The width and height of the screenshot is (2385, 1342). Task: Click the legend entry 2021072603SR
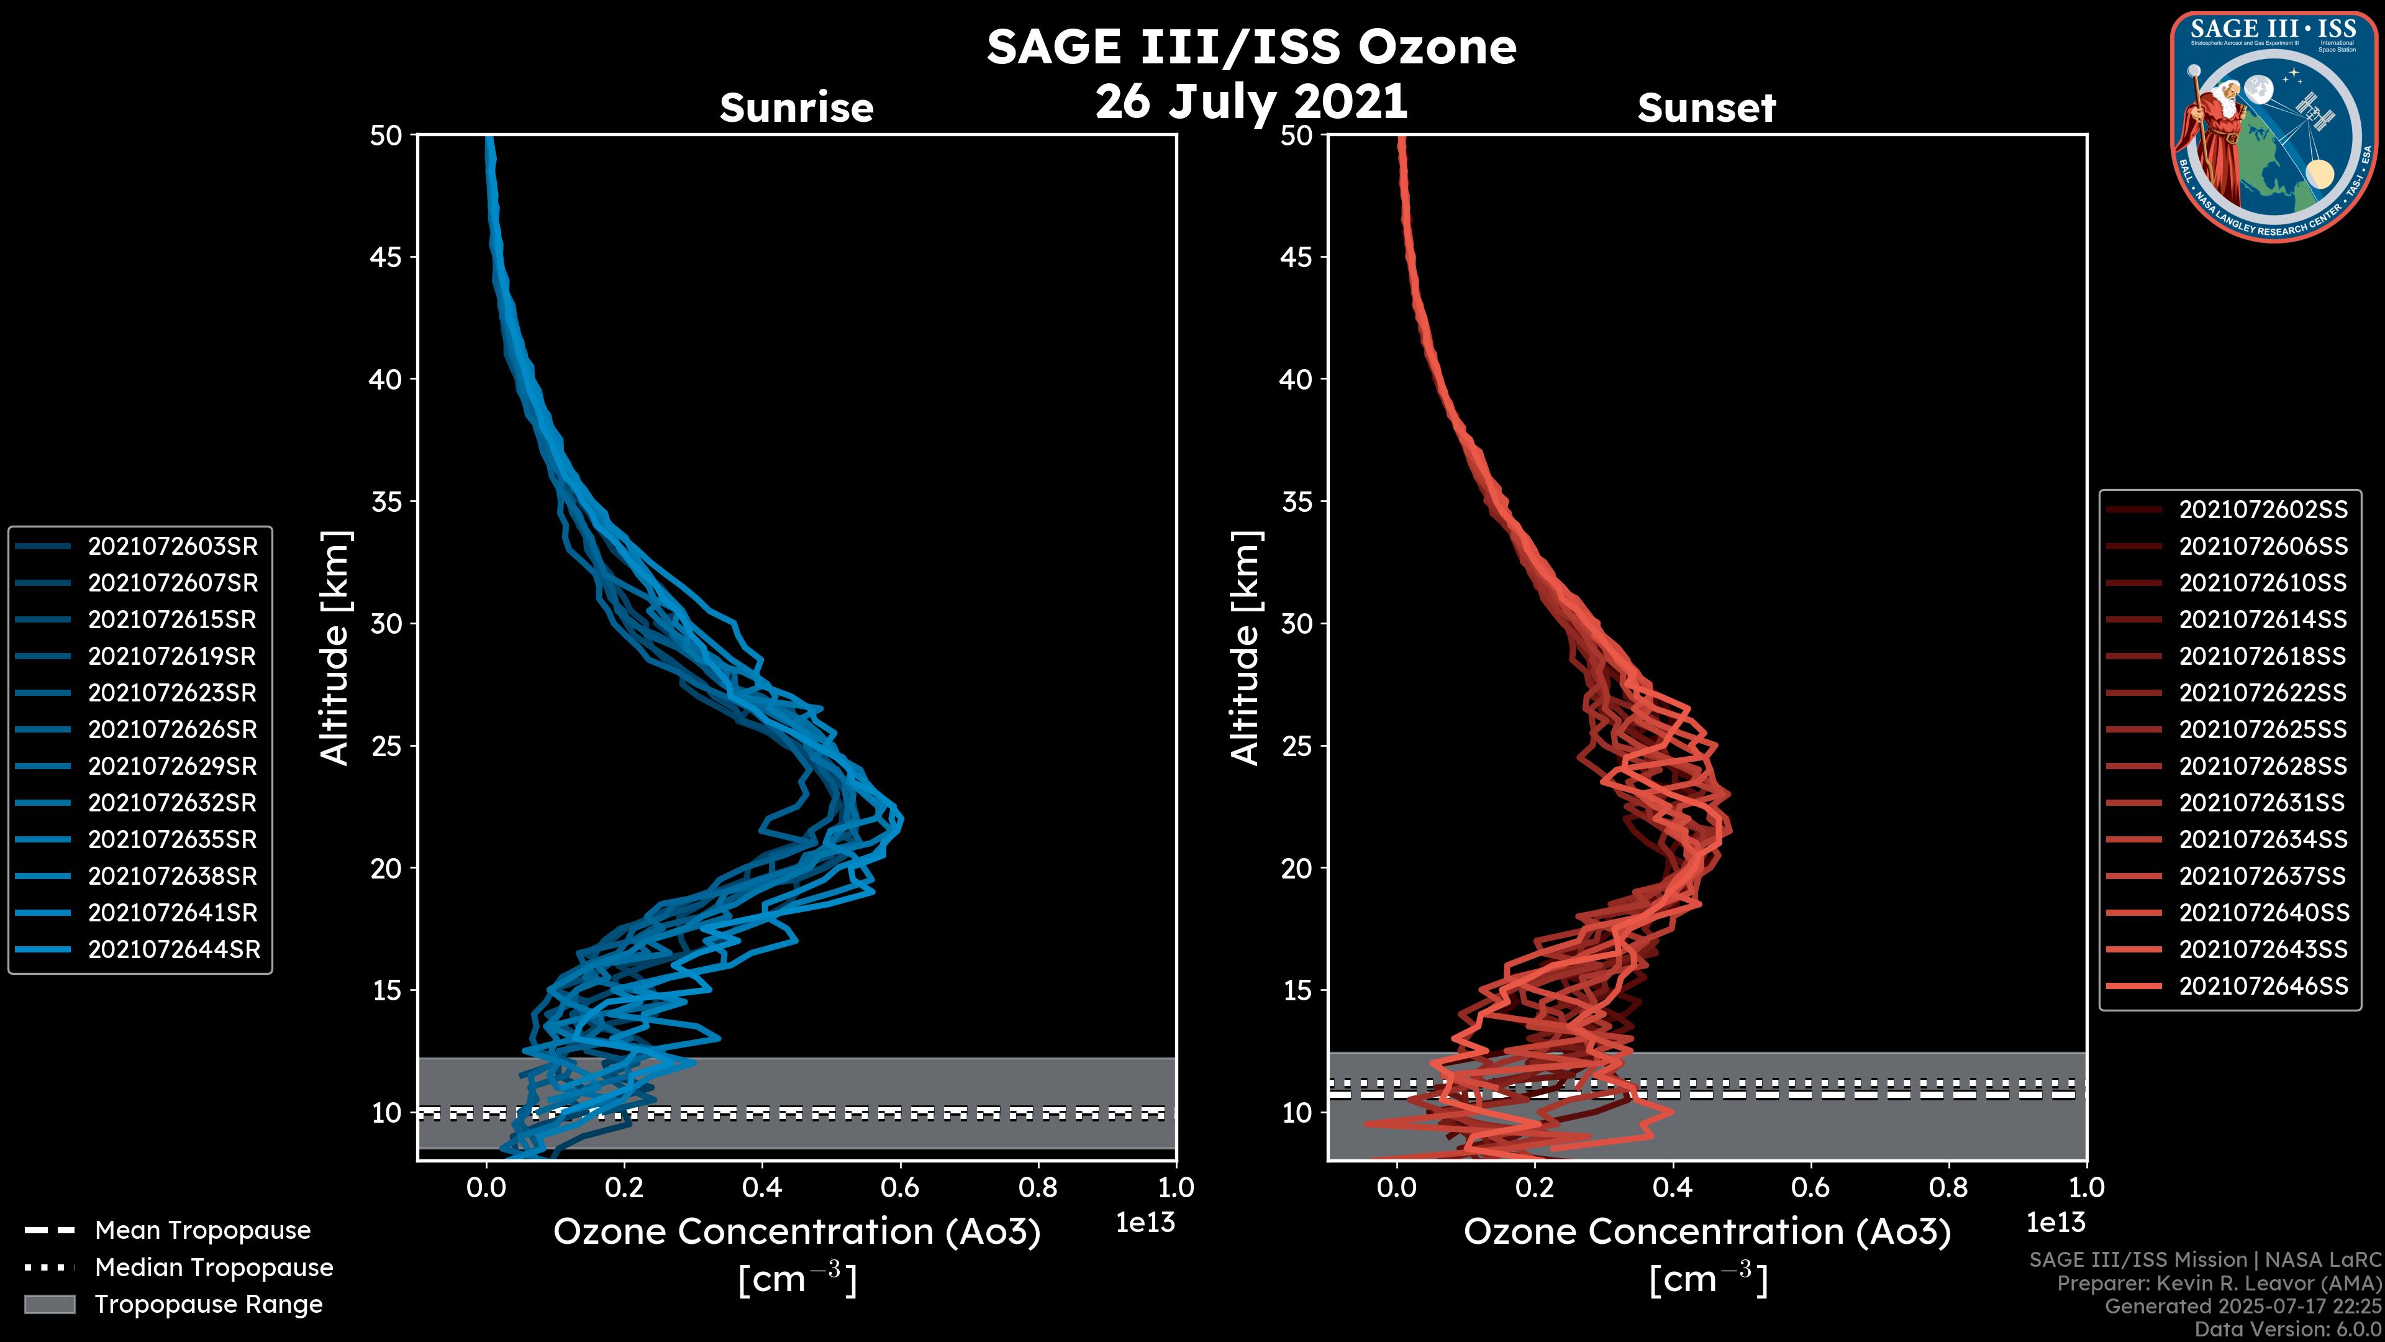(172, 547)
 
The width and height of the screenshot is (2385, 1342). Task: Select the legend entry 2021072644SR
(174, 949)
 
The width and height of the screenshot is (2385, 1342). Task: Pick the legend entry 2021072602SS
(2263, 509)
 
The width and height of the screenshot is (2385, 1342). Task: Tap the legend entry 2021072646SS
(2263, 987)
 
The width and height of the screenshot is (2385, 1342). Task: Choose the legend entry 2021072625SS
(2263, 730)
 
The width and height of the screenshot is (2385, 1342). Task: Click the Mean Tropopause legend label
(202, 1230)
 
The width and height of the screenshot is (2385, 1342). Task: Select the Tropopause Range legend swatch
(50, 1304)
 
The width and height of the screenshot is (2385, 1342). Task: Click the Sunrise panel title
(796, 108)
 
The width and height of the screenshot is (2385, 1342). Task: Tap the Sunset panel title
(1706, 108)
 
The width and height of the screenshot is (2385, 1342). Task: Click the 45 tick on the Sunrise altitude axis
(386, 257)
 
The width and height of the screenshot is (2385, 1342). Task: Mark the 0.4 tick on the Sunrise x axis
(762, 1187)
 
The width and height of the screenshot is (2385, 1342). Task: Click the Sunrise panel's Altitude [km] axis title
(335, 648)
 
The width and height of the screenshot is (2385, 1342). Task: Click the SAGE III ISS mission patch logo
(2275, 126)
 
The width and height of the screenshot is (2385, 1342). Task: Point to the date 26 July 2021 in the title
(1251, 101)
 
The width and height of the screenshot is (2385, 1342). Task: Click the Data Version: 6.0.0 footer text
(2289, 1330)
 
